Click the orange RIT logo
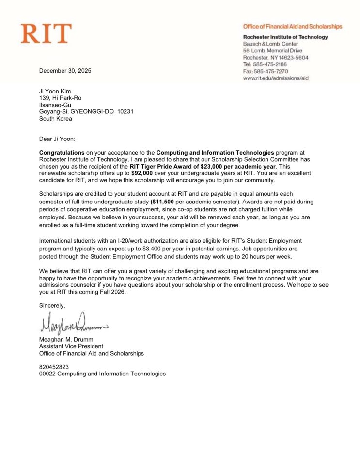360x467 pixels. pyautogui.click(x=46, y=33)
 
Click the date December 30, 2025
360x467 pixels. pyautogui.click(x=65, y=71)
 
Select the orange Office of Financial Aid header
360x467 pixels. pyautogui.click(x=292, y=27)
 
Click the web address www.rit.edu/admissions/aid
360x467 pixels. pyautogui.click(x=276, y=78)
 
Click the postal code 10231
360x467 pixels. pyautogui.click(x=125, y=111)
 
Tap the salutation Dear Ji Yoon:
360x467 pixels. pyautogui.click(x=57, y=139)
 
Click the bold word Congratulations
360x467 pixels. pyautogui.click(x=62, y=152)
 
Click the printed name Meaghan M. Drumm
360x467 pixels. pyautogui.click(x=66, y=339)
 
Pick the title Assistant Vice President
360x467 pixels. pyautogui.click(x=71, y=346)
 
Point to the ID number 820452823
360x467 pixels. pyautogui.click(x=54, y=367)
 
